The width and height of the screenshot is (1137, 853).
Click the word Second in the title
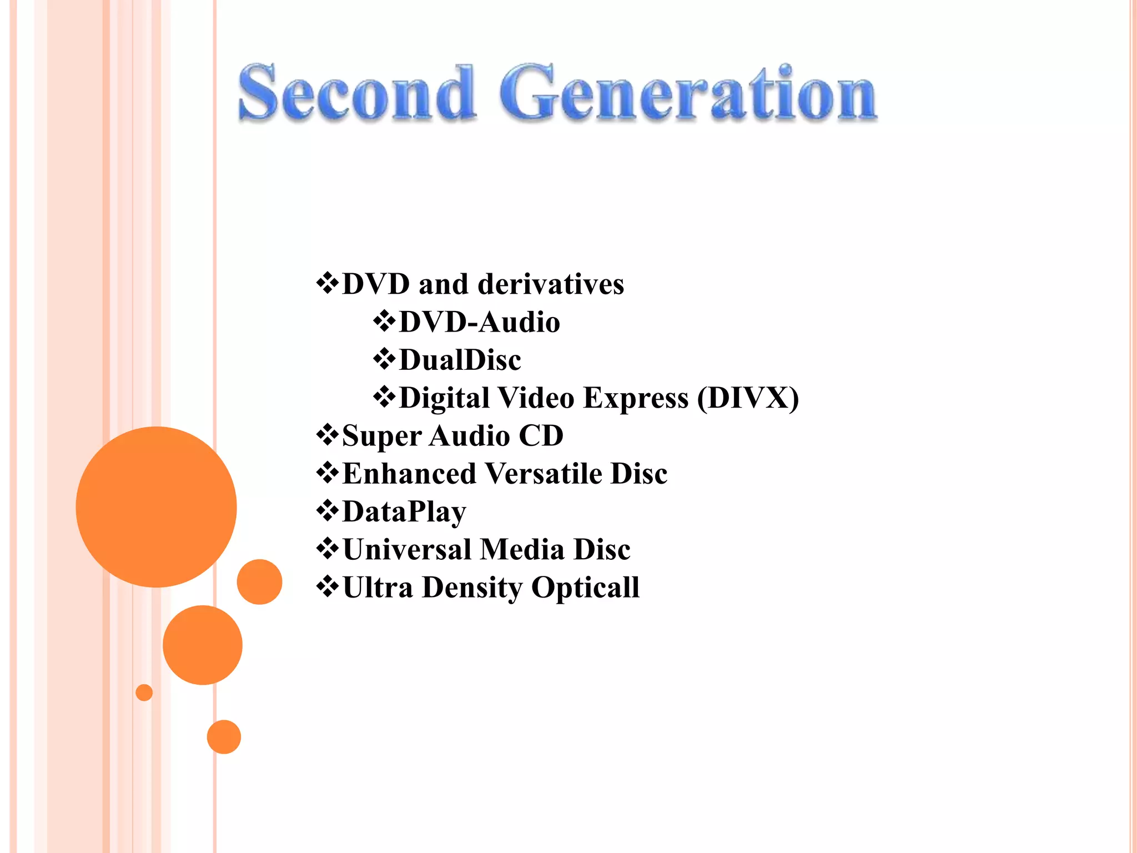point(356,93)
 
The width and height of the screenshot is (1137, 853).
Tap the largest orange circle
point(156,506)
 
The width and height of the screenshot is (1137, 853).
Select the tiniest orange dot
point(144,693)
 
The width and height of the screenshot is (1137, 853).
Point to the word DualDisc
point(460,360)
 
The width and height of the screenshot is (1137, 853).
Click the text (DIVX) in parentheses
point(748,398)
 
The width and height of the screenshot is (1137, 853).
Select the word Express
point(636,398)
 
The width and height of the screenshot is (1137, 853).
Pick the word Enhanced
point(410,474)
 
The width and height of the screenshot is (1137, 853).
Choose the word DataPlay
point(404,512)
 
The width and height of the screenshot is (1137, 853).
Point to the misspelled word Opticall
point(585,588)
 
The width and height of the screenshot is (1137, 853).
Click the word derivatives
point(551,284)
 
